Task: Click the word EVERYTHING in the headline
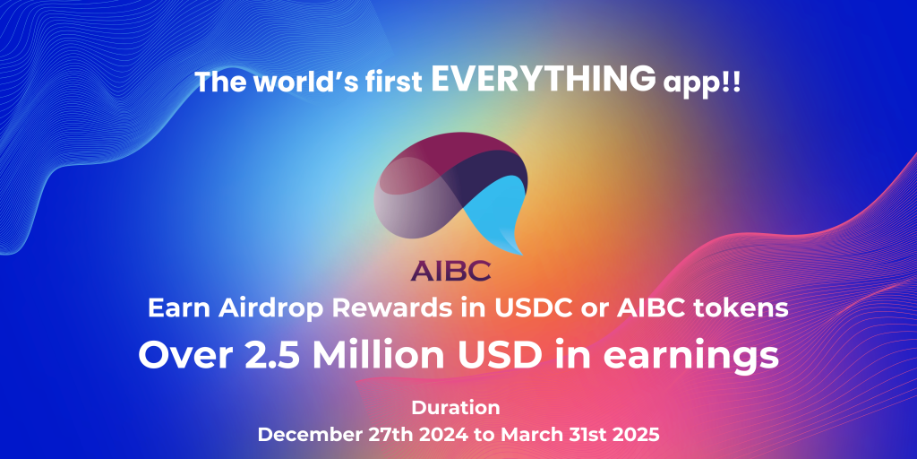pyautogui.click(x=540, y=80)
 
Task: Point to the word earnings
pyautogui.click(x=690, y=356)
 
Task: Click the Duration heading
pyautogui.click(x=456, y=408)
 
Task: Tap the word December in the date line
pyautogui.click(x=307, y=435)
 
